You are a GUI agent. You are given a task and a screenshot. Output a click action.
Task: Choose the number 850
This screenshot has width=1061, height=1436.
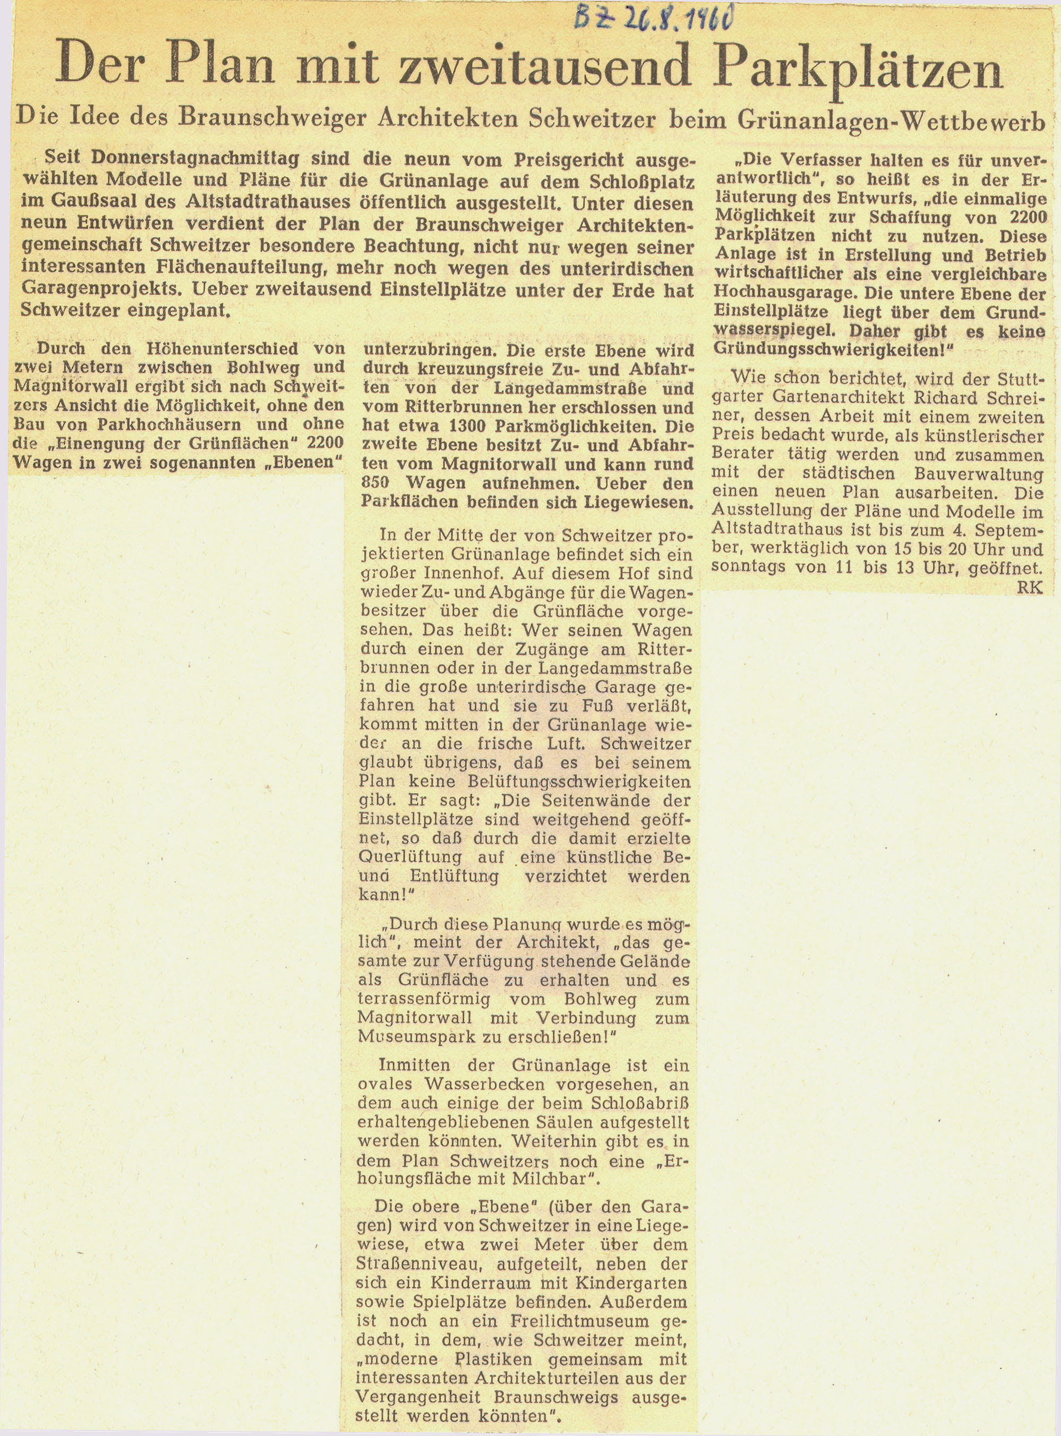pos(378,483)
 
